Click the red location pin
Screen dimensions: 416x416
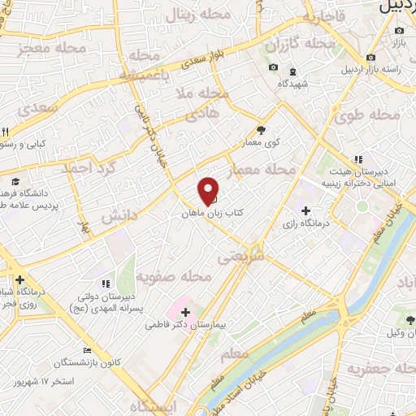[x=209, y=190]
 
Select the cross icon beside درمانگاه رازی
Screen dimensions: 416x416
[x=305, y=210]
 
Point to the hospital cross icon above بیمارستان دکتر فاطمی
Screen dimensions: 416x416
[x=186, y=312]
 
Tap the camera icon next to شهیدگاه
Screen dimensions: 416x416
[x=274, y=67]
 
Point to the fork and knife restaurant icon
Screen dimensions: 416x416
[x=5, y=132]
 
